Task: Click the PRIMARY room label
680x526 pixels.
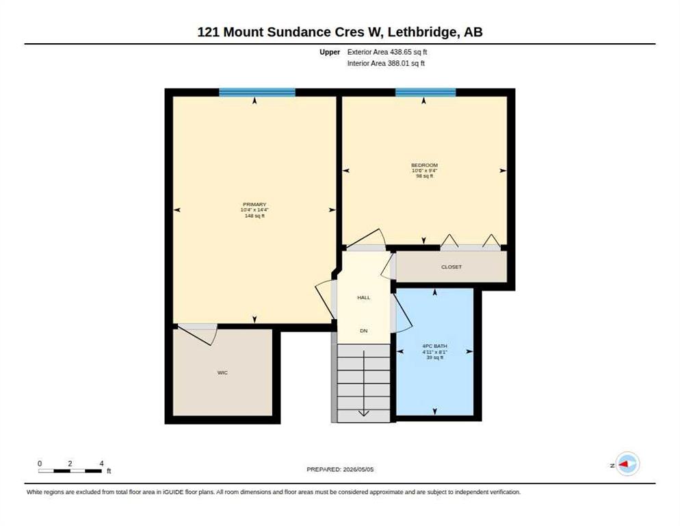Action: (x=254, y=205)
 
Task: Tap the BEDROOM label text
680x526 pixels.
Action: (x=424, y=165)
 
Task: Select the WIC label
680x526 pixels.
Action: (x=222, y=373)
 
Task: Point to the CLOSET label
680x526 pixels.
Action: (x=452, y=266)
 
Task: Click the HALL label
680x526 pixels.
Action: (x=363, y=297)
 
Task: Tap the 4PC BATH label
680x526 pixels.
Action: (x=434, y=346)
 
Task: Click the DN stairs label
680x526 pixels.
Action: (x=363, y=331)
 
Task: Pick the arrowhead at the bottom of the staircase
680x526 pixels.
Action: (x=363, y=413)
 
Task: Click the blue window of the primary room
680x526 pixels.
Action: (x=257, y=92)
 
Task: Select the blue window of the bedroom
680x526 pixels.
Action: (x=426, y=92)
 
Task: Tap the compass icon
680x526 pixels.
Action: (x=627, y=464)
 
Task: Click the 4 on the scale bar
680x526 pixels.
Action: (x=101, y=464)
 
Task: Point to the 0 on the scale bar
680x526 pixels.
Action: (x=40, y=464)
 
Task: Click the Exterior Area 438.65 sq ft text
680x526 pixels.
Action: (x=387, y=52)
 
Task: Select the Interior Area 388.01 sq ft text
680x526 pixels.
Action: (x=386, y=64)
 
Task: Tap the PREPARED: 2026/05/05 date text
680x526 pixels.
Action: (x=340, y=470)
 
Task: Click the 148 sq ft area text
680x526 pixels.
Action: (x=254, y=216)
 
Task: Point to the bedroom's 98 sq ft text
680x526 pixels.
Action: (x=425, y=176)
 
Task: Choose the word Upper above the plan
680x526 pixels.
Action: (x=330, y=52)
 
